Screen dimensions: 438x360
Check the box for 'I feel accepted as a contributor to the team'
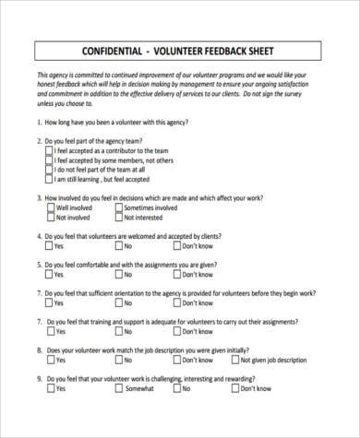point(49,151)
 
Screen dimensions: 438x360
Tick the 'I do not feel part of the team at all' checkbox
point(49,170)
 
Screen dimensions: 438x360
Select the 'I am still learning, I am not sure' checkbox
point(49,181)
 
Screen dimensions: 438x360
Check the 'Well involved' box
point(49,208)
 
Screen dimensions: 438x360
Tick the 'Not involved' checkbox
point(49,219)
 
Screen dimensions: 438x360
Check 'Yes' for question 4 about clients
point(49,247)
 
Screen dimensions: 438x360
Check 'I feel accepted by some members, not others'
point(49,160)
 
